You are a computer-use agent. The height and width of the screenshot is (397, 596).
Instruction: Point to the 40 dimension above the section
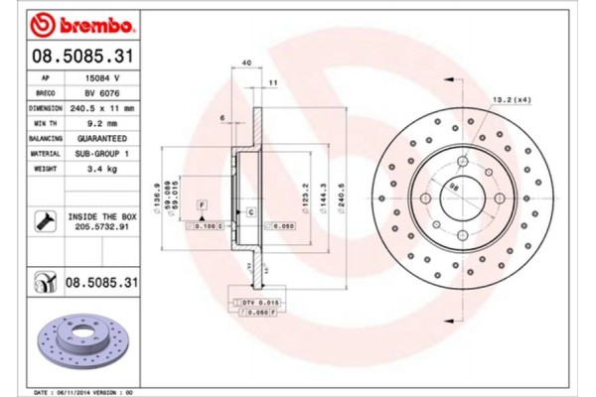click(x=246, y=64)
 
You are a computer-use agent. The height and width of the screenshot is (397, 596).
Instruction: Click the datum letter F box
click(x=202, y=203)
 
